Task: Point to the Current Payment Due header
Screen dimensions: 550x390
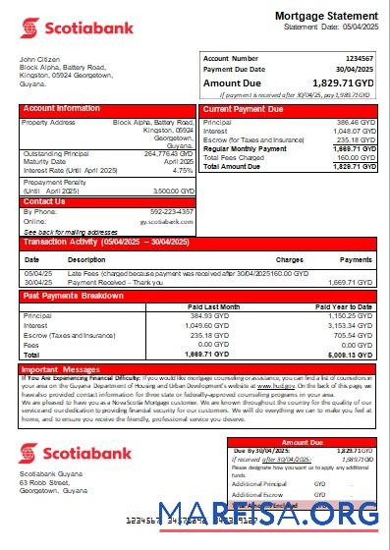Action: click(244, 108)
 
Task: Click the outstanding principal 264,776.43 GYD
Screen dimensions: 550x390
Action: click(169, 153)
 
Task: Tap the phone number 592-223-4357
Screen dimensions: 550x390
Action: click(172, 212)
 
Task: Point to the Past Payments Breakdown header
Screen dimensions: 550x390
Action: click(73, 295)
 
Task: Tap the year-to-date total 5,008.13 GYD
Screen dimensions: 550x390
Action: click(349, 355)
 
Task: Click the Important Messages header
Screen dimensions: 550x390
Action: click(60, 369)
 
